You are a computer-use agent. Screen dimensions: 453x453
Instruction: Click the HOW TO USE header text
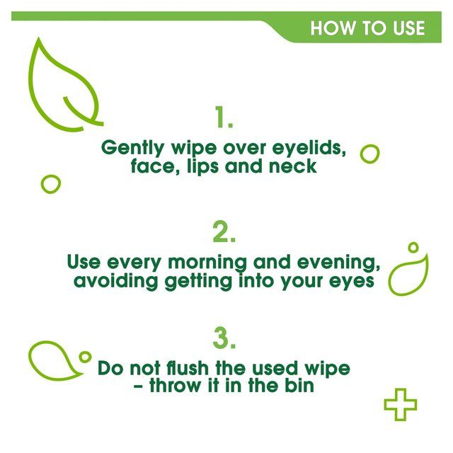367,28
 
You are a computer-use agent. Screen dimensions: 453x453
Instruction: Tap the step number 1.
224,118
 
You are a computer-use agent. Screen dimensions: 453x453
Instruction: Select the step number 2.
224,231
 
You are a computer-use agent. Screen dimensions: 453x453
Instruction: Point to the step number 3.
224,339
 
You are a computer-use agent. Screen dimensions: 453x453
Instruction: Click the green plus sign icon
400,403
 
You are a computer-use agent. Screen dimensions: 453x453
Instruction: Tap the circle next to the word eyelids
369,154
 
